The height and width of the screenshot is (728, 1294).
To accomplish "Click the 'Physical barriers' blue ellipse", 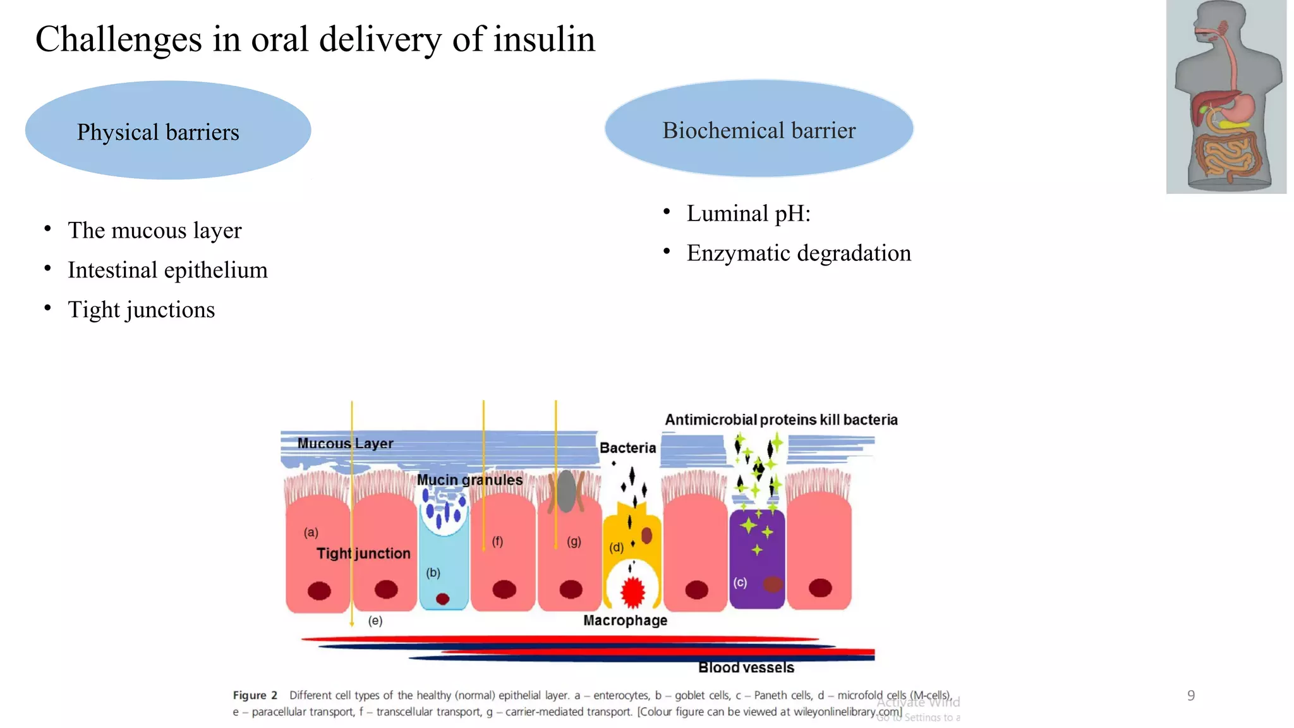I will click(167, 130).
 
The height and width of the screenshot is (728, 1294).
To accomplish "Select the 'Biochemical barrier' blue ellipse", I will click(758, 129).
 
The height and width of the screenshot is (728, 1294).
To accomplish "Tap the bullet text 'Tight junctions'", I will click(141, 310).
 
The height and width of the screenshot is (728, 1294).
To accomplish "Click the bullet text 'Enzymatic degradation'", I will click(799, 253).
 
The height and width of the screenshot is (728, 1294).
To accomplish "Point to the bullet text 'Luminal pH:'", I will click(748, 214).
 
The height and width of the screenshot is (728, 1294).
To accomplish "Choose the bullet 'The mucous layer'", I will click(154, 231).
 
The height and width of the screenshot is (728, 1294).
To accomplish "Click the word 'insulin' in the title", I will click(544, 39).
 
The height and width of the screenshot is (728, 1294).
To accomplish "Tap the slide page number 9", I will click(1190, 696).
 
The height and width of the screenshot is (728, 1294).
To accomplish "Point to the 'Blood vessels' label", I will click(746, 667).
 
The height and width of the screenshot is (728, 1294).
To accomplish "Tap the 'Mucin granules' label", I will click(469, 480).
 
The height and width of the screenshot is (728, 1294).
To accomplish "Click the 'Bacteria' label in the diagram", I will click(627, 448).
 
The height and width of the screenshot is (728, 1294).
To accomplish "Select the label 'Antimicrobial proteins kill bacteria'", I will click(781, 420).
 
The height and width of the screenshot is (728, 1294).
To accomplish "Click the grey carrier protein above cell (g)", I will click(567, 491).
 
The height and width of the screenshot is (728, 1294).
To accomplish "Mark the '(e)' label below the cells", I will click(375, 621).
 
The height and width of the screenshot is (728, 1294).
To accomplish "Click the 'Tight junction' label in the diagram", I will click(363, 554).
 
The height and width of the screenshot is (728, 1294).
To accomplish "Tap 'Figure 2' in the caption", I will click(255, 695).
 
